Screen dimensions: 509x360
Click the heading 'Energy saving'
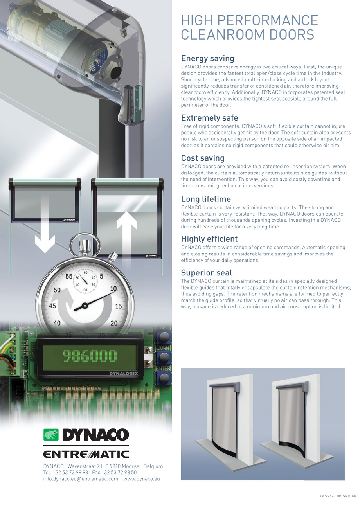207,59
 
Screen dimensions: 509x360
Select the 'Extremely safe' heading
209,118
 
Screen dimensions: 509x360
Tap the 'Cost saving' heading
202,158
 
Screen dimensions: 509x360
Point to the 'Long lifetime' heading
206,199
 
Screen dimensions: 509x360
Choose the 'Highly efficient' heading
209,239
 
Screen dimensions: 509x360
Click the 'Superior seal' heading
206,273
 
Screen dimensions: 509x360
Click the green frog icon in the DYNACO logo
50,435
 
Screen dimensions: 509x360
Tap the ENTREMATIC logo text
86,454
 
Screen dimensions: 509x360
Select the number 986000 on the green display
90,356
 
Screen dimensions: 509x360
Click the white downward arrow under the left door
45,234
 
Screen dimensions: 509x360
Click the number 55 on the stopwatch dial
69,277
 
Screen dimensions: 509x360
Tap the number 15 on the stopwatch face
119,306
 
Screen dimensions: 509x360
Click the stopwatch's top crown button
85,245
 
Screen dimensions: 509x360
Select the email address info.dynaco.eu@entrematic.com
81,479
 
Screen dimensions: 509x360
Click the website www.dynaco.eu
142,479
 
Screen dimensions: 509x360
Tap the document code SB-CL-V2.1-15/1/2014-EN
338,496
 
